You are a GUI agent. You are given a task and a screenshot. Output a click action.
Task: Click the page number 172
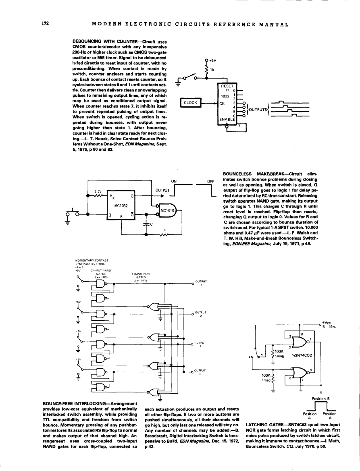click(x=45, y=24)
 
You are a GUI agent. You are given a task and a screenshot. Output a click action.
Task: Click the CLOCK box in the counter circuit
click(x=190, y=103)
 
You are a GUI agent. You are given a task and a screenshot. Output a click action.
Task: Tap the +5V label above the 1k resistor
click(x=213, y=61)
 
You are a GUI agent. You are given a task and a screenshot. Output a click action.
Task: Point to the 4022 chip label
click(x=223, y=96)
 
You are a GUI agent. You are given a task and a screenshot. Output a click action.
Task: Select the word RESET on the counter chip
click(x=226, y=85)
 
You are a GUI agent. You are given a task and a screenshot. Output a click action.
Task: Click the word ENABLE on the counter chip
click(x=226, y=119)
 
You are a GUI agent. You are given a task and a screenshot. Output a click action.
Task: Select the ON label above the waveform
click(x=174, y=181)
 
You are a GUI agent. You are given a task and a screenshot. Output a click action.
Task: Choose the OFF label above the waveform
click(x=210, y=181)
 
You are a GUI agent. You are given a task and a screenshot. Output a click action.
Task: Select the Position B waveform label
click(x=321, y=399)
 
